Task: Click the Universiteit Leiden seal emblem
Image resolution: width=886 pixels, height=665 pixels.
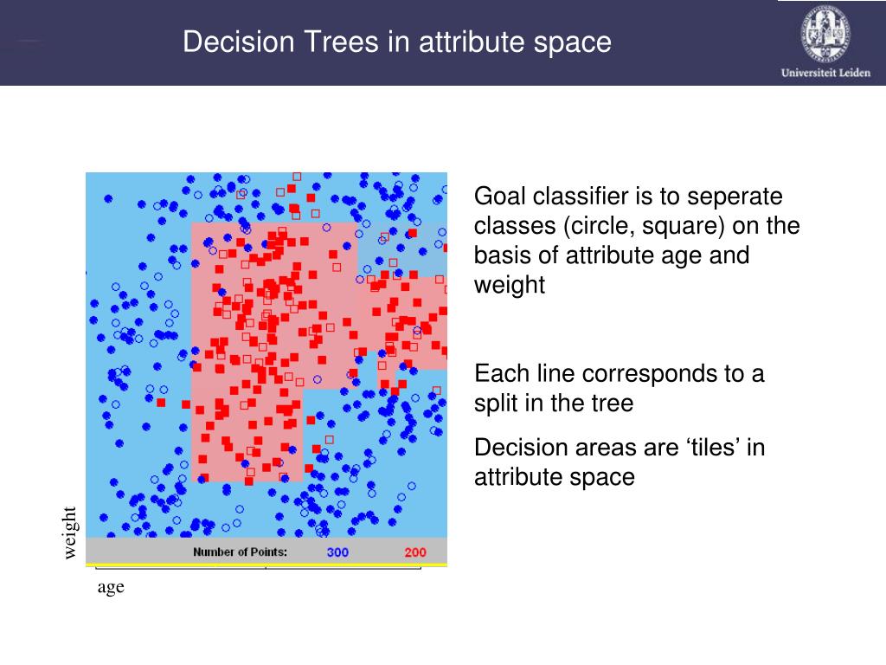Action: (825, 33)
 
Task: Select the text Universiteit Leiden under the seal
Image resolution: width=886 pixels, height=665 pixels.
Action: (825, 73)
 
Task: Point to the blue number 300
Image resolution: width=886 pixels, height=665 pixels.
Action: (337, 552)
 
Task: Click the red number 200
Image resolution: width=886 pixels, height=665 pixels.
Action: (415, 552)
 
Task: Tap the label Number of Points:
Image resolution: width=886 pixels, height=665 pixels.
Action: (241, 552)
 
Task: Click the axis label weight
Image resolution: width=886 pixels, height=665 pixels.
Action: (69, 533)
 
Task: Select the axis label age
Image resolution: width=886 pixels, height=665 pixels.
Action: (111, 588)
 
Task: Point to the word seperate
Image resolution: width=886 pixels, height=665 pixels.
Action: (735, 197)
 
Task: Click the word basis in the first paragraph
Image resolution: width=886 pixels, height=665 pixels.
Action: (502, 255)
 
